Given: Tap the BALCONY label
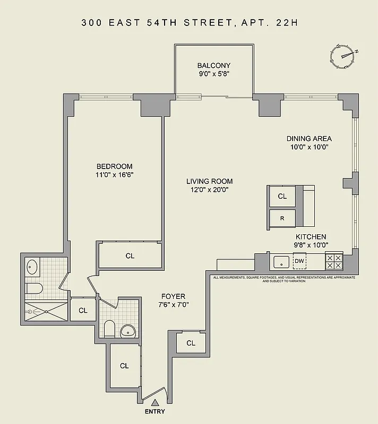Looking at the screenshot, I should (213, 65).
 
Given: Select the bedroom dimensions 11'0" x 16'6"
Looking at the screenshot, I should (114, 175).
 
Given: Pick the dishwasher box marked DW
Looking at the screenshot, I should (299, 261).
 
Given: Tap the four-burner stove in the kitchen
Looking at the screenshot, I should (334, 261).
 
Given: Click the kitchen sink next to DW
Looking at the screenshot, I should (280, 261).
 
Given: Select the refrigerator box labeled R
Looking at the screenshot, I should (282, 218).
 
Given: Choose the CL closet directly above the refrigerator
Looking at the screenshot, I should (282, 196).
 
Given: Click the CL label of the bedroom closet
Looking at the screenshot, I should (130, 255).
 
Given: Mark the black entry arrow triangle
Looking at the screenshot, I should (155, 403).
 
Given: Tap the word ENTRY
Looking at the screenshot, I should (155, 412).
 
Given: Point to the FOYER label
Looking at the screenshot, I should (174, 296).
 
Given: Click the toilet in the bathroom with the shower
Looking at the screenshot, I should (33, 289).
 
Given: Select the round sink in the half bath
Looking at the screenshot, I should (127, 331).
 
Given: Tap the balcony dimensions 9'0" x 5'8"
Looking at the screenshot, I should (213, 74).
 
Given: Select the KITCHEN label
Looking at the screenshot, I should (311, 236).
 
